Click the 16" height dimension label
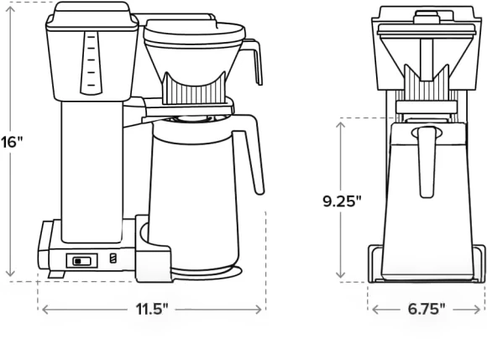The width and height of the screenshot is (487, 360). pos(12,143)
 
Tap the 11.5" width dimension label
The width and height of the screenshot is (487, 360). pos(152,309)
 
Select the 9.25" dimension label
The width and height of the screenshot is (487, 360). pos(343,201)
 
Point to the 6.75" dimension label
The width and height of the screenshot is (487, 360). pos(427,309)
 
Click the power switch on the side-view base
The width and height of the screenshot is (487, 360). pos(82,261)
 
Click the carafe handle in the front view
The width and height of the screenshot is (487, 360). pos(427,162)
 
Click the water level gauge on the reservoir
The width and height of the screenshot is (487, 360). pos(91,63)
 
